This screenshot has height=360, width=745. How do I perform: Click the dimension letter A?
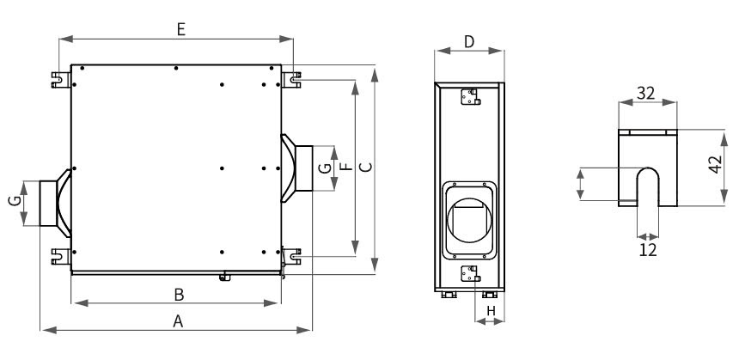179,320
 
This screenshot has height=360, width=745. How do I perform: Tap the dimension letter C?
364,168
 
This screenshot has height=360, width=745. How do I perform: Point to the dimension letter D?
469,41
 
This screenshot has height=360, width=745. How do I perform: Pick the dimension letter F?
345,168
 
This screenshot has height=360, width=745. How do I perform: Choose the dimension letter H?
492,309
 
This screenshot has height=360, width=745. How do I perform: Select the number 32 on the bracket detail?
648,94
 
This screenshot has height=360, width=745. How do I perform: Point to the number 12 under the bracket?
648,249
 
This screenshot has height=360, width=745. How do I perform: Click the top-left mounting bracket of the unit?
60,78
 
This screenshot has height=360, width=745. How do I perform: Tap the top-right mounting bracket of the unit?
293,78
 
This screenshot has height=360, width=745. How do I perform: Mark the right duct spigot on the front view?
302,168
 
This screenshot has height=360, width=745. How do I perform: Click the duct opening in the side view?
468,219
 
